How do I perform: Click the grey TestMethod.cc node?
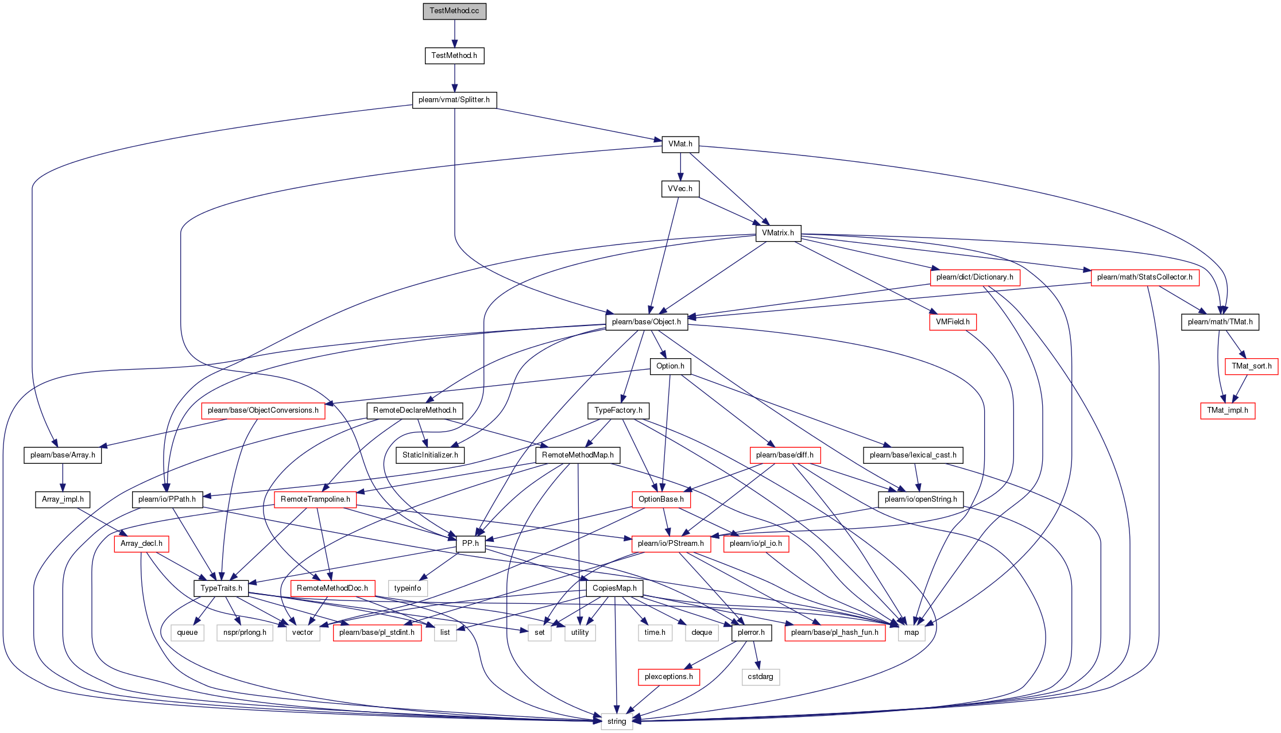click(454, 11)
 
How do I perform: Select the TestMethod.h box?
click(454, 56)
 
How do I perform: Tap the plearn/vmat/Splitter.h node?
click(454, 100)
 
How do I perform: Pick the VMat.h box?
click(680, 144)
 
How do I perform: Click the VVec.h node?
click(680, 189)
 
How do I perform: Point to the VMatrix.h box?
click(778, 233)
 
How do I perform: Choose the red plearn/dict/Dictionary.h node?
click(975, 277)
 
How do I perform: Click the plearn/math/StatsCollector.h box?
click(1145, 277)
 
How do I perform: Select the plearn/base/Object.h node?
click(647, 322)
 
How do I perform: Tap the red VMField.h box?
click(953, 322)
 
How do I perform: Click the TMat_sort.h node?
click(1252, 366)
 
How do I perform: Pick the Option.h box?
click(670, 366)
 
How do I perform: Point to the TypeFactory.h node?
click(618, 410)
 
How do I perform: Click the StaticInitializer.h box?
click(430, 455)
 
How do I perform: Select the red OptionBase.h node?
click(661, 499)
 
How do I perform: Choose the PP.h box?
click(470, 544)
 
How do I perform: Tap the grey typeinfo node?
click(408, 588)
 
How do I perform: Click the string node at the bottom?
click(617, 722)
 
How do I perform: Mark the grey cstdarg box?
click(761, 677)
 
